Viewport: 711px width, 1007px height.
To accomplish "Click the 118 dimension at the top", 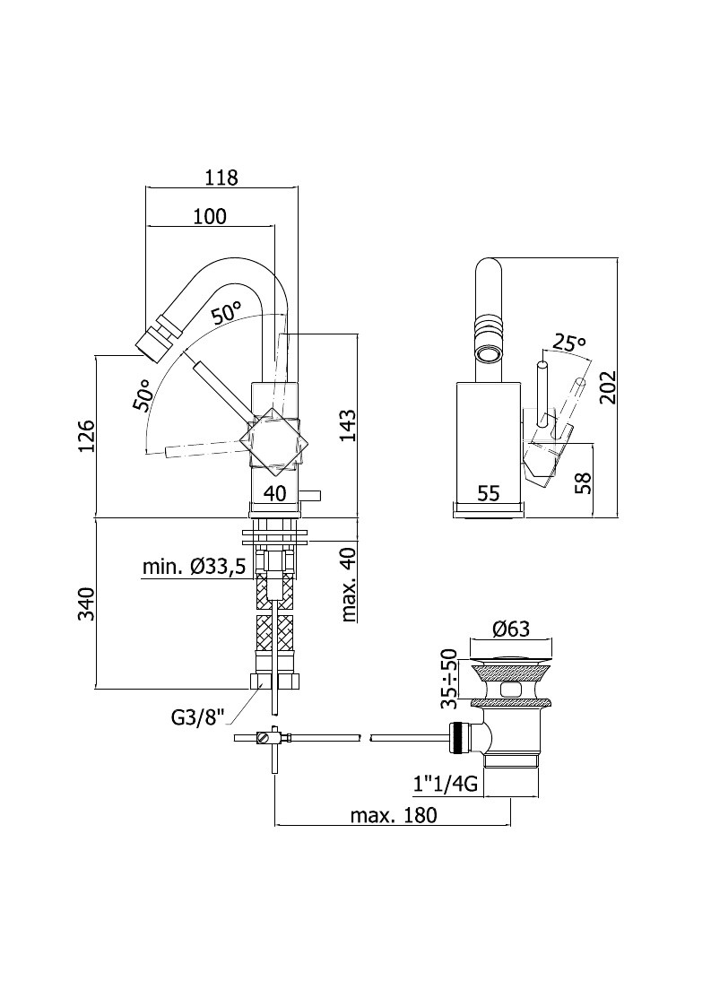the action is tap(221, 178).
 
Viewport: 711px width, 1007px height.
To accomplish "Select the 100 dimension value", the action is tap(210, 216).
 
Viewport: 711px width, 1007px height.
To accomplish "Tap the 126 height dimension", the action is tap(87, 436).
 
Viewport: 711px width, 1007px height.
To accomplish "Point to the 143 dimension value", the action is tap(348, 426).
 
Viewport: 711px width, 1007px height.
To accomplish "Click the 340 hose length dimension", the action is tap(87, 603).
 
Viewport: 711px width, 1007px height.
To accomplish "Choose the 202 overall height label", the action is tap(608, 386).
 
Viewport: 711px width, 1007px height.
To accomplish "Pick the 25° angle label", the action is tap(569, 343).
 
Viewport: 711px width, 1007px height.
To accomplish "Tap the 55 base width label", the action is tap(488, 493).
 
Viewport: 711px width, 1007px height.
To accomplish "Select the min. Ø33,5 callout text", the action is tap(194, 567).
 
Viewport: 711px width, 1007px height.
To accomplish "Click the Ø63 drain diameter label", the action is tap(511, 629).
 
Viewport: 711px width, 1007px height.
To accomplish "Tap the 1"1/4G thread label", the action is tap(445, 784).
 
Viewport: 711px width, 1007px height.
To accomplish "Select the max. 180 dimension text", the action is tap(393, 815).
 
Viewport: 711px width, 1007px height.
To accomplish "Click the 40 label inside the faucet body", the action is tap(275, 493).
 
